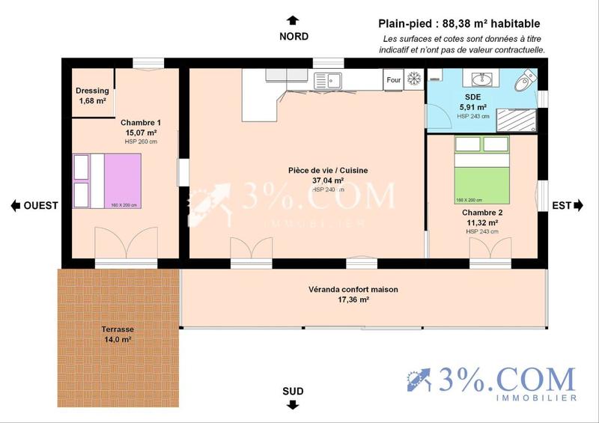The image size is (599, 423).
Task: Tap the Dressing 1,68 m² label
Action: point(92,96)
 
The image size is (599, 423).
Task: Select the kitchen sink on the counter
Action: point(328,79)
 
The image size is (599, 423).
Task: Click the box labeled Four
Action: point(393,79)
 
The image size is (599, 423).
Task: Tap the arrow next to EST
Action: point(579,206)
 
